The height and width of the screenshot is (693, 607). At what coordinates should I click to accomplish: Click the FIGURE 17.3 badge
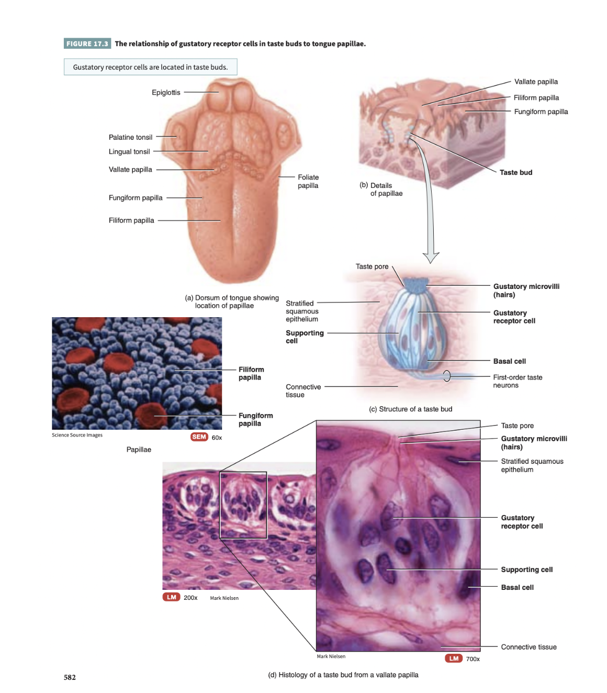87,43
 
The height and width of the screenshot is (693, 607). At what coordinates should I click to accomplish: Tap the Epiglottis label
166,93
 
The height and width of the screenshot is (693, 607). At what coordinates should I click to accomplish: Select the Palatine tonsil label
130,137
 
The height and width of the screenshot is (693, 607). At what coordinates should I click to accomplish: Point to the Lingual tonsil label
129,152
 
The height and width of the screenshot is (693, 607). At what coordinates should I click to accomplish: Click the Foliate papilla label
308,181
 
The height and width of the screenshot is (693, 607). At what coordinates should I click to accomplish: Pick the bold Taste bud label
515,172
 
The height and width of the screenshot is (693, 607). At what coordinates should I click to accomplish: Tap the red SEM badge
199,437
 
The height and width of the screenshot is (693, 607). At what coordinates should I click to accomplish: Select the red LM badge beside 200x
171,597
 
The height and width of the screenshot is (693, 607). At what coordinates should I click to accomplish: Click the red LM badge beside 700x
453,658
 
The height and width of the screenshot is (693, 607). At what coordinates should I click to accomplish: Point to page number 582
70,677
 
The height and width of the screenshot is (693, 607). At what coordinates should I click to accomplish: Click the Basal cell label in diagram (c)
509,361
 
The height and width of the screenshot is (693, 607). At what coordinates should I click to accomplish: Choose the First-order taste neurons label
517,381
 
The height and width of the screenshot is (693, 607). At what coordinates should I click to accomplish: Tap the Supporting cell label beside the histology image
526,569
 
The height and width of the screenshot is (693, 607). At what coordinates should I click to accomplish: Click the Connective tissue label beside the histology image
529,647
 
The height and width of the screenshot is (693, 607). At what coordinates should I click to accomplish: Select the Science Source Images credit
77,435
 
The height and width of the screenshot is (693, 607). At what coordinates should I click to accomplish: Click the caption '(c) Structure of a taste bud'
410,409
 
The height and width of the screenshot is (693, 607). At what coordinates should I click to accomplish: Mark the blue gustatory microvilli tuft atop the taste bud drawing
416,285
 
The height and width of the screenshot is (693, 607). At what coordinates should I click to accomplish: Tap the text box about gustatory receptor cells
150,67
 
